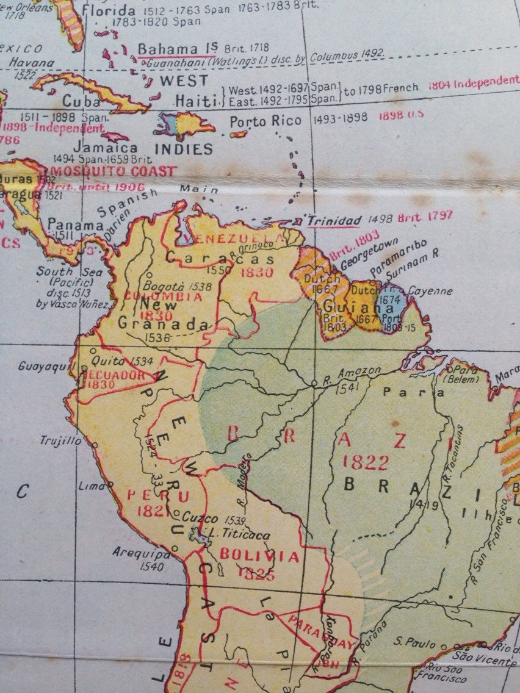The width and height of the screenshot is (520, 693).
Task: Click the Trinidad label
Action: [x=333, y=220]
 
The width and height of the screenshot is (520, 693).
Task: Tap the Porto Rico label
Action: [x=265, y=121]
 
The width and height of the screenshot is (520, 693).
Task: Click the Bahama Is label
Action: [x=168, y=49]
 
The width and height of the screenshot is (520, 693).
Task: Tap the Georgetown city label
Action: [x=356, y=259]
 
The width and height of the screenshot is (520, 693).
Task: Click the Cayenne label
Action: [x=430, y=292]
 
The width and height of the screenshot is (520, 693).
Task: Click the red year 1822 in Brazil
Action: [x=366, y=462]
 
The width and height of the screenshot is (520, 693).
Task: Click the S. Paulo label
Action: [x=415, y=644]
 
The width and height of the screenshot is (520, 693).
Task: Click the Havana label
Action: [x=32, y=62]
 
